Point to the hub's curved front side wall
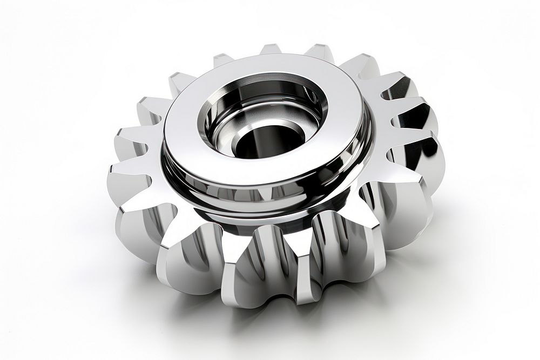(254, 194)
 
